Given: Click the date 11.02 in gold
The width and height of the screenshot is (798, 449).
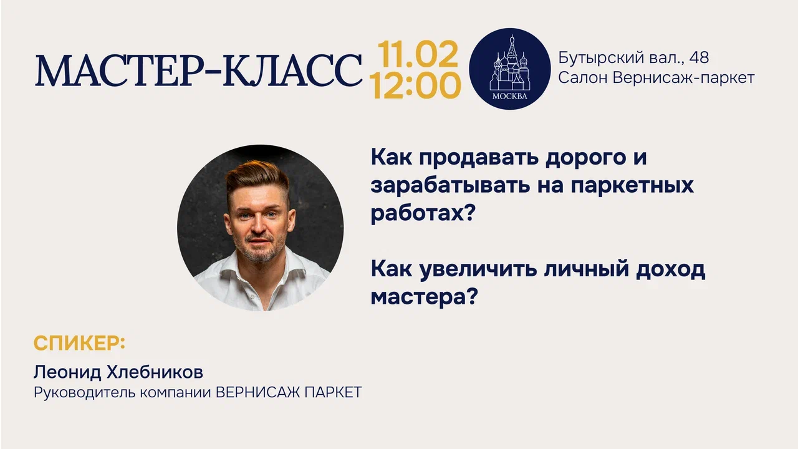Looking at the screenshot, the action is [418, 54].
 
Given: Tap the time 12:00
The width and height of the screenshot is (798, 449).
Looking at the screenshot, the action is [415, 85].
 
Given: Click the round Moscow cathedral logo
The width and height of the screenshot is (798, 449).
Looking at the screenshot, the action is [509, 69].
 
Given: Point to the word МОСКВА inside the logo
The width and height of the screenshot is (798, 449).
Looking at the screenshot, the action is [509, 96].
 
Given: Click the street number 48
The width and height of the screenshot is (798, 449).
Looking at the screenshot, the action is [699, 58].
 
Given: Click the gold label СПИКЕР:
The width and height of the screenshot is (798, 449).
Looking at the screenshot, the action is [79, 343].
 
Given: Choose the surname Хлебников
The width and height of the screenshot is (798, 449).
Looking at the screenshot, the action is [155, 372].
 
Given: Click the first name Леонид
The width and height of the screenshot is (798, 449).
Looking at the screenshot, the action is [68, 373].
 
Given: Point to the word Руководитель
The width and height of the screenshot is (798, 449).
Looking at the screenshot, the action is [85, 392].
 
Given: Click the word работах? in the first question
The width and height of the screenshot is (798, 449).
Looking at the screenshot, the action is [423, 213].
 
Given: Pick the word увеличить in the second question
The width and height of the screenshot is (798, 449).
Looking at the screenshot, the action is [478, 269].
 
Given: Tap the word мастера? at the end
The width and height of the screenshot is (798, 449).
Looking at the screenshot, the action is [424, 296].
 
